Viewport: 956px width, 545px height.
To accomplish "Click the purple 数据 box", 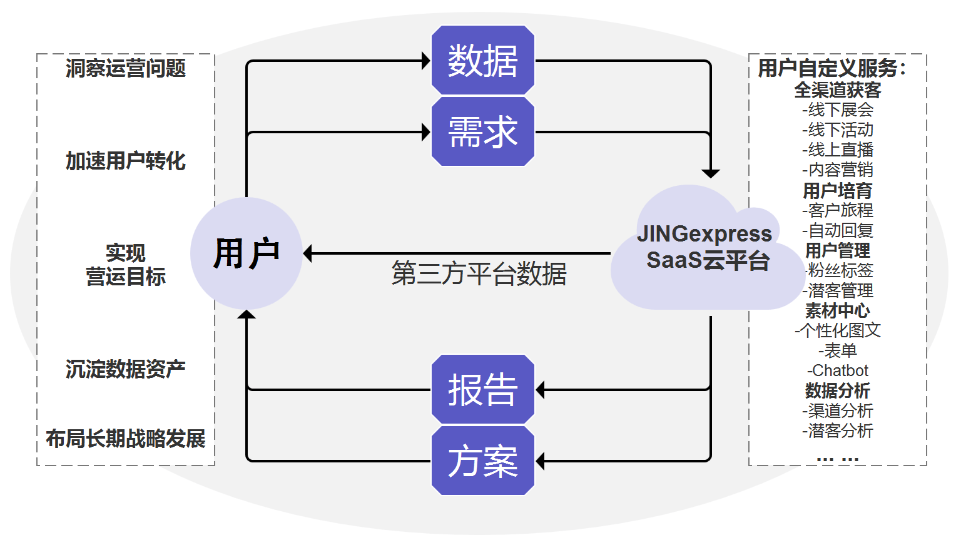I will (482, 61).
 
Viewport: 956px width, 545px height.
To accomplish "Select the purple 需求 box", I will (482, 132).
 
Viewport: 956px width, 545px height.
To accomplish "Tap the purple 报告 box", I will (482, 390).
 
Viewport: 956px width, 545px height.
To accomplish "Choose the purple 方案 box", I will (482, 461).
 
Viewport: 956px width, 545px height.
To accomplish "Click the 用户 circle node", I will (246, 253).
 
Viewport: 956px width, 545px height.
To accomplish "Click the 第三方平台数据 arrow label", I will (479, 274).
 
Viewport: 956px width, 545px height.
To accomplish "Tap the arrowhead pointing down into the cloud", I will (710, 173).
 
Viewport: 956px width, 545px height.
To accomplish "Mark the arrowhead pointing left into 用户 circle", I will (308, 253).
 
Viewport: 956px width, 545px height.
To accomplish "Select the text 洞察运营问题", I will (126, 68).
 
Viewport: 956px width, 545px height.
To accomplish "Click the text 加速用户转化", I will (126, 161).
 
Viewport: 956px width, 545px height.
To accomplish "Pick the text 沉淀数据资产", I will (126, 369).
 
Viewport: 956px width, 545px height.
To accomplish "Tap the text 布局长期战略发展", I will (126, 439).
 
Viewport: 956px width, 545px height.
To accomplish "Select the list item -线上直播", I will (838, 150).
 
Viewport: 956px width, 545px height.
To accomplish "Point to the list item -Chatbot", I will (838, 370).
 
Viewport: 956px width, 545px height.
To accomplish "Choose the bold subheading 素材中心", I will (837, 310).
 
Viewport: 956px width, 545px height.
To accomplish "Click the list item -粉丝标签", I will (838, 270).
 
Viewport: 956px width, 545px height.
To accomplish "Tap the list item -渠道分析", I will (838, 410).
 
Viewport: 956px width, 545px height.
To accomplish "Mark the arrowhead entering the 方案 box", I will (541, 461).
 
